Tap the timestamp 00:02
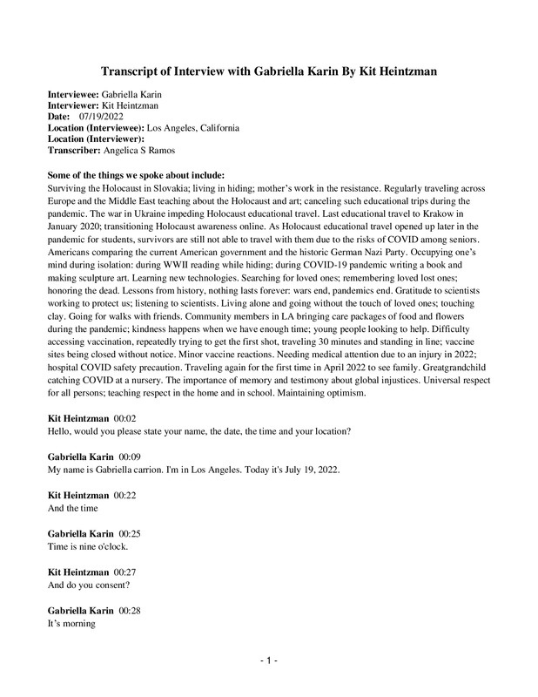[128, 420]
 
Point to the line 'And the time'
[74, 506]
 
